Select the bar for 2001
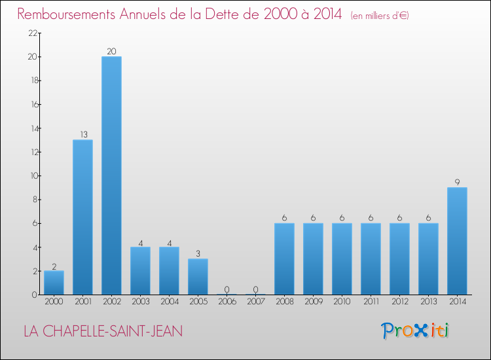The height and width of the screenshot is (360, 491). (82, 217)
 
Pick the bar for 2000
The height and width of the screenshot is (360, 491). (54, 283)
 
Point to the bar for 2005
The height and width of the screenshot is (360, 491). (198, 277)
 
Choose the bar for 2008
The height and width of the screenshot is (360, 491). (284, 259)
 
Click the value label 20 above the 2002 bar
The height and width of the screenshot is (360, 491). (111, 52)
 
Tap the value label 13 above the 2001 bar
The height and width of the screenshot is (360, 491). (82, 135)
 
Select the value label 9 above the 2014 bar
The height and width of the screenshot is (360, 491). (457, 183)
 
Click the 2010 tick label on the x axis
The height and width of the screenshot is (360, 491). (342, 301)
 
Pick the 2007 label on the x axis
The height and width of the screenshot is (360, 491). (255, 301)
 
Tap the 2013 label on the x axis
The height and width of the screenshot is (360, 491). (428, 301)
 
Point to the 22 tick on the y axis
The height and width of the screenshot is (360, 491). (31, 33)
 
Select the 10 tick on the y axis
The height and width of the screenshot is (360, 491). (31, 176)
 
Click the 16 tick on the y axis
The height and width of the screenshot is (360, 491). (31, 105)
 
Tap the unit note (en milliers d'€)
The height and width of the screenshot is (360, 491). (380, 15)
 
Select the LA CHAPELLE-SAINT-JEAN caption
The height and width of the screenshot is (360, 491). (103, 331)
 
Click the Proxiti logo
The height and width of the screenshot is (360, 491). (415, 331)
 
